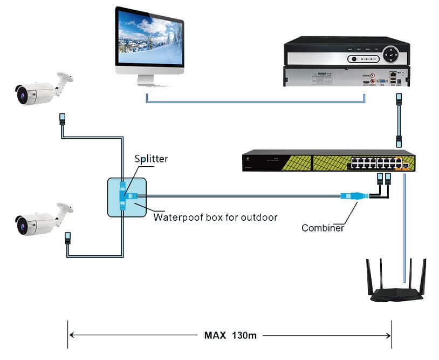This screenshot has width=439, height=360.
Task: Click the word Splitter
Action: point(152,159)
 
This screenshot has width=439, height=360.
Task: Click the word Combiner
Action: point(323,228)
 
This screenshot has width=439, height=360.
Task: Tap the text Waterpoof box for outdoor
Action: point(215,218)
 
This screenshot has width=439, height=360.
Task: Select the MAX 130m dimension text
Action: point(230,335)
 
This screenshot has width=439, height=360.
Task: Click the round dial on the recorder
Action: point(390,55)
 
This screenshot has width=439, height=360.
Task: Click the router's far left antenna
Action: point(369,275)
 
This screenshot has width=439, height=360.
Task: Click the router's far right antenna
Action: point(424,275)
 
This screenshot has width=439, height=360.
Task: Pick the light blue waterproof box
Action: point(126,198)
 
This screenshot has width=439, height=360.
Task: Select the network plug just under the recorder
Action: point(399,99)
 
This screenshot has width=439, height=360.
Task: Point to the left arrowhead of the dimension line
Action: point(72,335)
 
